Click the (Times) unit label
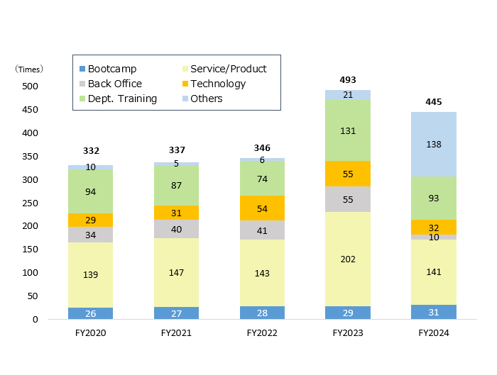click(30, 69)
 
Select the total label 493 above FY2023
click(348, 80)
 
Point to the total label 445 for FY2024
click(434, 102)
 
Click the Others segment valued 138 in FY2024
click(434, 145)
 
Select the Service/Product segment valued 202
click(348, 259)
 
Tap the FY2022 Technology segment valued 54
click(262, 208)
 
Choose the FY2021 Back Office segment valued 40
click(176, 229)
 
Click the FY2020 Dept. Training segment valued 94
click(91, 192)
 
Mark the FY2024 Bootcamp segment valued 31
click(434, 312)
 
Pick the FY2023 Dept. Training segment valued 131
click(348, 131)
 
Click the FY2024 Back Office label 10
click(434, 237)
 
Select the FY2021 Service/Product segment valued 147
click(176, 272)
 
